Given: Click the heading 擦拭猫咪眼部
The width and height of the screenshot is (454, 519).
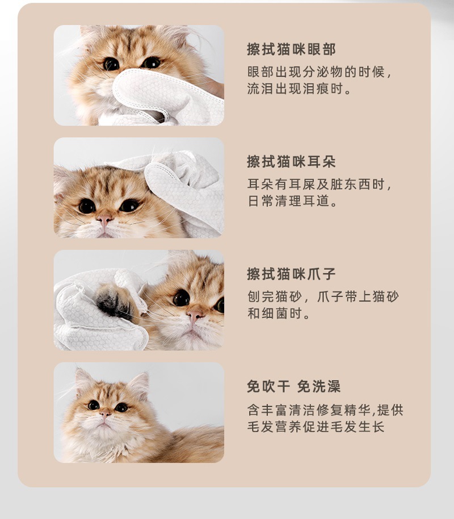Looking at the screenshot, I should point(291,49).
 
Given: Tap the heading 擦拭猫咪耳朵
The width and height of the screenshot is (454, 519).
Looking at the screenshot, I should point(291,162).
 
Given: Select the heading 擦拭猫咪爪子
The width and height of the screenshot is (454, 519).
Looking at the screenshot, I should point(291,274).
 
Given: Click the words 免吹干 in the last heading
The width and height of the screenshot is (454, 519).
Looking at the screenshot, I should point(267,387).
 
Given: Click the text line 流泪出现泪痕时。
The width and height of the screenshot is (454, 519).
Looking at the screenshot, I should point(300,89).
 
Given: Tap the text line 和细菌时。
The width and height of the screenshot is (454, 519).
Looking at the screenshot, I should point(279,314).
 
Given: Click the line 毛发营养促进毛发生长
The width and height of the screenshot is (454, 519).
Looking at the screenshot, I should point(316,426).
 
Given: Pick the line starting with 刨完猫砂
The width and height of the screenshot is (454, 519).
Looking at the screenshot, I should point(323,298).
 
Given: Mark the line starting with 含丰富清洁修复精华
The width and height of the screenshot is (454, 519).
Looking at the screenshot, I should point(325,410).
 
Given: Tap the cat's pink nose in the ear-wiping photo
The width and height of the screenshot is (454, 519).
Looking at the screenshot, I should point(104,218).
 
